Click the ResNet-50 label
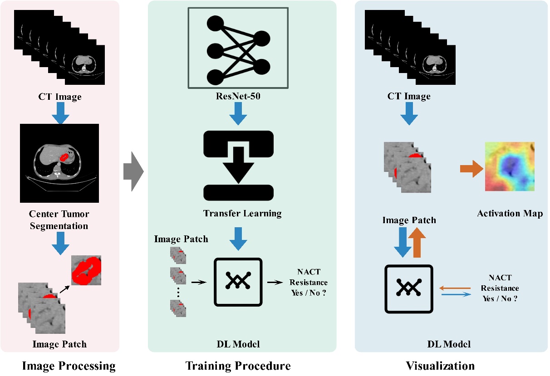point(238,96)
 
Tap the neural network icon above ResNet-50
point(238,48)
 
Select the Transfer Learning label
point(242,213)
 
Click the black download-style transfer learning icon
point(238,166)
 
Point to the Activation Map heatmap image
point(510,166)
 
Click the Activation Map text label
point(510,213)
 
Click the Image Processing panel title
point(69,366)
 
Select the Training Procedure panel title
point(238,366)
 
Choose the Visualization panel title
point(440,366)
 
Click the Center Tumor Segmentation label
point(59,220)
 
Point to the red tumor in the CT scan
point(64,157)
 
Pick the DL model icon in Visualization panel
point(408,289)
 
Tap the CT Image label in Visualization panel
point(408,96)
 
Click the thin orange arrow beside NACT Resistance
point(456,288)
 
